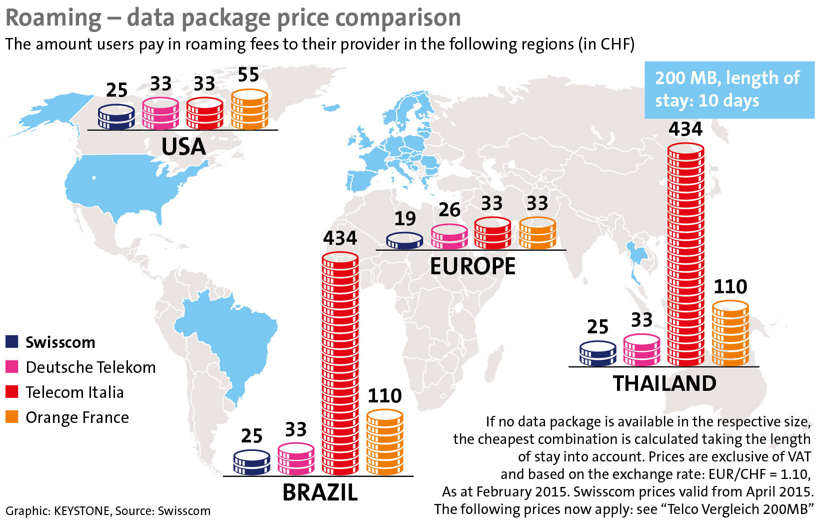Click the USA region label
coord(183,147)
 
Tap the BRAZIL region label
coord(320,492)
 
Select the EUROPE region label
coord(472,266)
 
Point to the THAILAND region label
coord(664,383)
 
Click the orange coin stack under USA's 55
coord(249,110)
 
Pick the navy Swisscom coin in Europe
coord(404,241)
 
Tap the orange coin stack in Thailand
coord(730,333)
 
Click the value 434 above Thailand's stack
coord(685,129)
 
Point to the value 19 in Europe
coord(405,219)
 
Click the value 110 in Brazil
coord(384,396)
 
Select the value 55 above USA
coord(248,75)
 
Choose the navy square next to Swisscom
coord(12,342)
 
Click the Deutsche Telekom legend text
coord(90,367)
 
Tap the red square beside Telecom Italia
coord(12,392)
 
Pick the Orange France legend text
coord(77,417)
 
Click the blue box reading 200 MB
coord(728,90)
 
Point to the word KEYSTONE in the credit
coord(81,511)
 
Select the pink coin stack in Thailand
coord(641,350)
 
